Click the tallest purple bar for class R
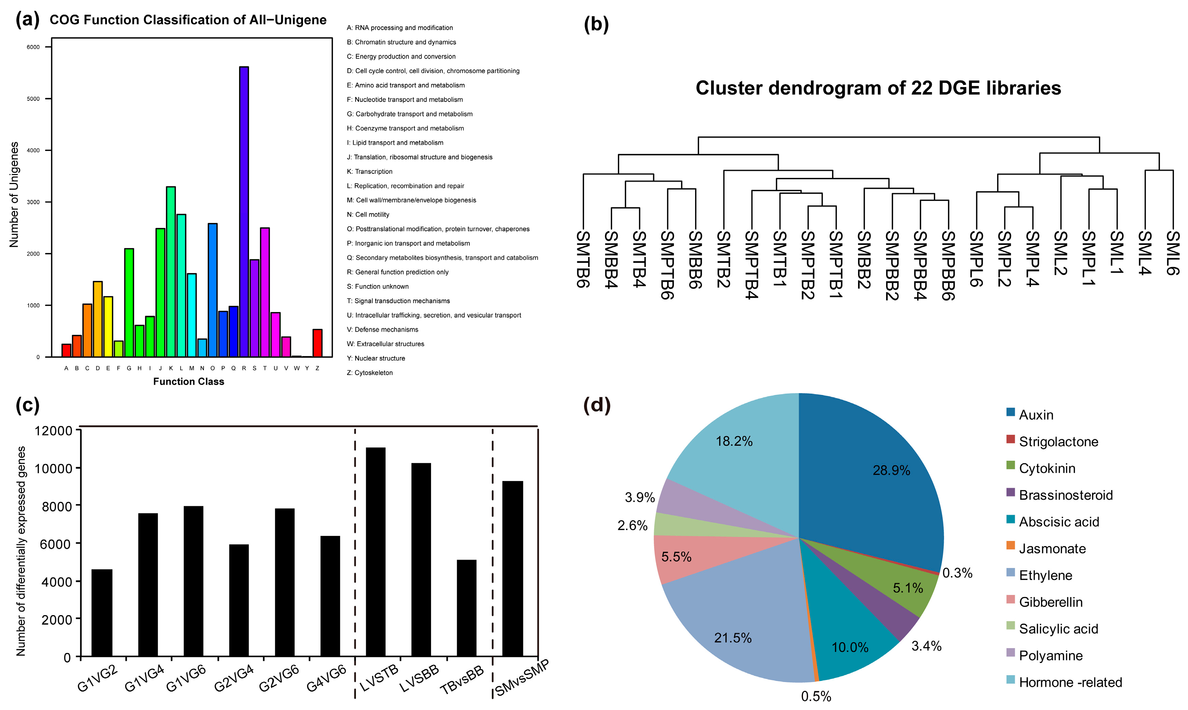tap(244, 211)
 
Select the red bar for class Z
tap(317, 343)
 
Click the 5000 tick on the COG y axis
tap(33, 99)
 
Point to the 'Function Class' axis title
tap(189, 381)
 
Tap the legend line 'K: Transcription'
tap(370, 171)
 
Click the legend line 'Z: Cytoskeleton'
tap(370, 373)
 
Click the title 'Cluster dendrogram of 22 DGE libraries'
tap(878, 88)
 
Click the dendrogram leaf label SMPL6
tap(977, 258)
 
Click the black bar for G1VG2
tap(101, 612)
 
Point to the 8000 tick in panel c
tap(56, 506)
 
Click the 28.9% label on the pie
tap(891, 470)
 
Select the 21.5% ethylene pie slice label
tap(732, 638)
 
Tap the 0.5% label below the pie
tap(816, 696)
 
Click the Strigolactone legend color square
tap(1010, 439)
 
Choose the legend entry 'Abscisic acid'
tap(1059, 522)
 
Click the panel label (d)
tap(597, 405)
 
